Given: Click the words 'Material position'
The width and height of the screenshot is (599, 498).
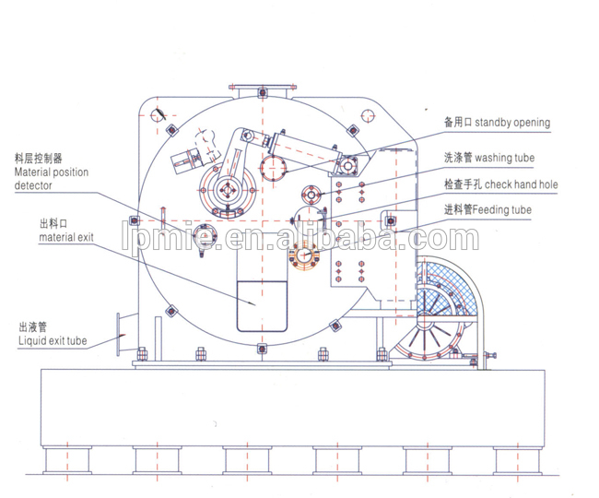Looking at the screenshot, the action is [52, 172].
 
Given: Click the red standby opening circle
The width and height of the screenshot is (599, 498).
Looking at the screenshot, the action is [273, 167].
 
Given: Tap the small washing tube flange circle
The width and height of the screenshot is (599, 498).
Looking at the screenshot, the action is [311, 195].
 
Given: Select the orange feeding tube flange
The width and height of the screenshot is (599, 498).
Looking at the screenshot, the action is [304, 255].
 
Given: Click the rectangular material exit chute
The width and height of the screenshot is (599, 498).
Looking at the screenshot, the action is [262, 306].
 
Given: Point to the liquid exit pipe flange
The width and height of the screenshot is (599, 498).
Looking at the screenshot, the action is [119, 335].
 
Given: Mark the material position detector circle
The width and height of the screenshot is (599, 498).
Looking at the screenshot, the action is [206, 236].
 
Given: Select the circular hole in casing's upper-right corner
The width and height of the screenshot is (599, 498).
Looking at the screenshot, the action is [368, 116].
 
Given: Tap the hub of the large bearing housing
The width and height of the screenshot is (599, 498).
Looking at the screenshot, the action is [228, 190].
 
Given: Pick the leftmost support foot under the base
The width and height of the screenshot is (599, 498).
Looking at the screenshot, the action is [67, 460].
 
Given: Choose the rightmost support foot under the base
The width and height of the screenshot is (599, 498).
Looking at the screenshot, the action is [518, 460].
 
